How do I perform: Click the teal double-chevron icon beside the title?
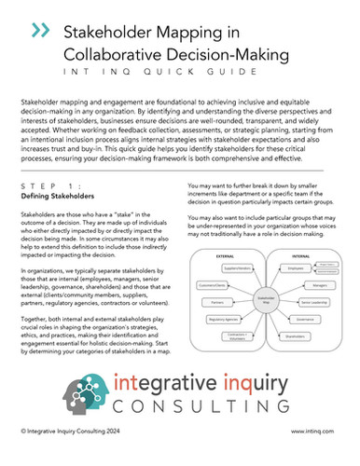40,32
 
